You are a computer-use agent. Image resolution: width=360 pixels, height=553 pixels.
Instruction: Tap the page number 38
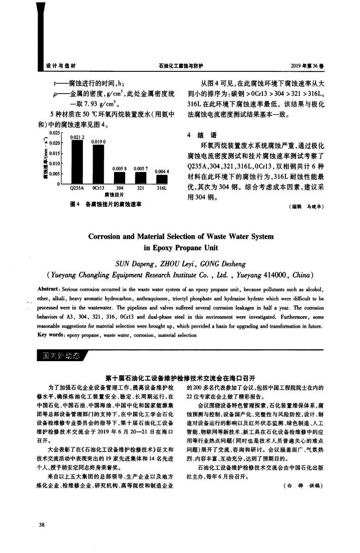pyautogui.click(x=42, y=525)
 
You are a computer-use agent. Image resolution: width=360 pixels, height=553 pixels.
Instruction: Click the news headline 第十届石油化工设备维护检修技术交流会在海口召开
pyautogui.click(x=181, y=377)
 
